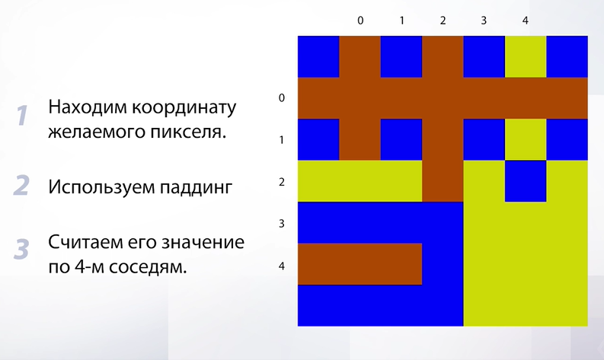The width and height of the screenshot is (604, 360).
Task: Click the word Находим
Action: pos(87,107)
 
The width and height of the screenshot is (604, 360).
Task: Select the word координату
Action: pos(184,108)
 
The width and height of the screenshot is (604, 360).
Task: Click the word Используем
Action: pos(101,187)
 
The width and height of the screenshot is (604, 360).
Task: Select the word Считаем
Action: pos(82,243)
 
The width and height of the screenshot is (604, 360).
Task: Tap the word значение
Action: pos(203,243)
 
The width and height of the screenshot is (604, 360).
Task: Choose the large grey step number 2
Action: pos(21,186)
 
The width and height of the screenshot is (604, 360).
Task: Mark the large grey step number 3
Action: pos(21,250)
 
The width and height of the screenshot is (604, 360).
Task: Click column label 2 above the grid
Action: pos(443,21)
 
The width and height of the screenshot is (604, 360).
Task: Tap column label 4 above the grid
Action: pos(526,21)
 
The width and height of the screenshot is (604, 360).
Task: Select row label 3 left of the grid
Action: pos(282,223)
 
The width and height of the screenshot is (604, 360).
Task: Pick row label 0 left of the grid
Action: pos(282,97)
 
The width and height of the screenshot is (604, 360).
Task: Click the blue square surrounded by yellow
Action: pos(526,181)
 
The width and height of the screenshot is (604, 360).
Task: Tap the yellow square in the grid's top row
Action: pos(526,56)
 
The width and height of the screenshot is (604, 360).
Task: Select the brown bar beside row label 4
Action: pos(360,264)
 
